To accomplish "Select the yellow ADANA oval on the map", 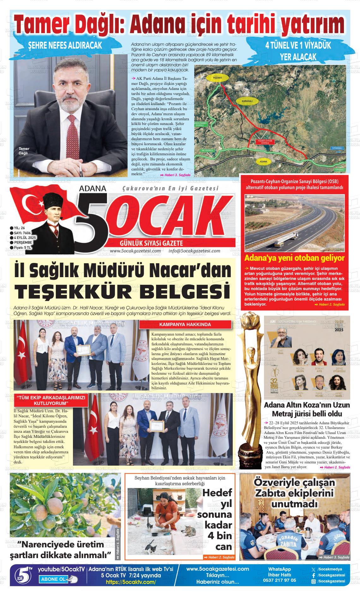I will point(263,162).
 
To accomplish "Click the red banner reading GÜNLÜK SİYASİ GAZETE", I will point(151,243).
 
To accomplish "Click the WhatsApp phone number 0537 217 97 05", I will point(279,580).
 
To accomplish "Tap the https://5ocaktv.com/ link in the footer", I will point(131,582).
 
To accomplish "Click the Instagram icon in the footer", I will point(314,581).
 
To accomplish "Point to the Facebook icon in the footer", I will point(314,575).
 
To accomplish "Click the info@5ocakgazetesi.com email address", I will point(194,251).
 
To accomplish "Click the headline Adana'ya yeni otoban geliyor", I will point(294,258).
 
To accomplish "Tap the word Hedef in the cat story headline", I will point(217,492).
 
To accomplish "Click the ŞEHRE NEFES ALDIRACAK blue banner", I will point(65,45).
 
